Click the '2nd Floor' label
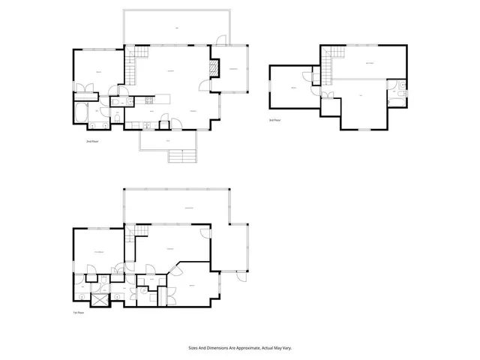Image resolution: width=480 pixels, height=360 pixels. click(x=94, y=141)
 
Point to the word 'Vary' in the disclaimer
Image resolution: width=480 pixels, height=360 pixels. click(x=287, y=348)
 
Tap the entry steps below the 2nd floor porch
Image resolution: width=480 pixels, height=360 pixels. click(x=180, y=157)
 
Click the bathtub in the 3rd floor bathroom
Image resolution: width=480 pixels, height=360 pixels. click(x=403, y=91)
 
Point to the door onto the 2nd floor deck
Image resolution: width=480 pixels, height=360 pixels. click(x=218, y=40)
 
